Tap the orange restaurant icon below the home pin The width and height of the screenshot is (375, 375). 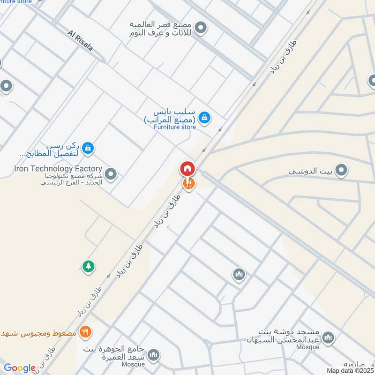188,184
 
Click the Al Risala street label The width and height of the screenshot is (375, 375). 81,41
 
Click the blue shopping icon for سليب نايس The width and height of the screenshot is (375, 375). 204,118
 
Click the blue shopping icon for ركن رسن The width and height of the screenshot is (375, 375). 87,149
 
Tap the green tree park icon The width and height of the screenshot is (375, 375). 88,267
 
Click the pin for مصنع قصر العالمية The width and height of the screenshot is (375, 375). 202,29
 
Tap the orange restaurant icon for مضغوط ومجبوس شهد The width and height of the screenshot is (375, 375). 85,332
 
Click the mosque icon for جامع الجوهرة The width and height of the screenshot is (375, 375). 153,356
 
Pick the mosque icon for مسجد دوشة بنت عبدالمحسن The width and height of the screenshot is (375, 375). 329,337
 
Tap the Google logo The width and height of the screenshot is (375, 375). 19,368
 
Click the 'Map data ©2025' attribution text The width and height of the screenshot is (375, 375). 349,370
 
